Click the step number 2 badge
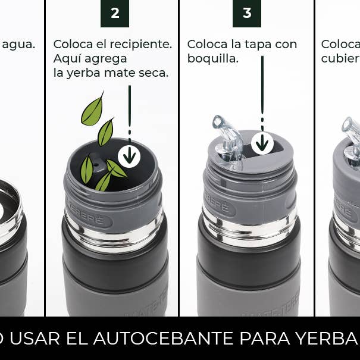pyautogui.click(x=115, y=13)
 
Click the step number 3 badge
pyautogui.click(x=247, y=13)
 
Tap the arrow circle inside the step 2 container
pyautogui.click(x=129, y=155)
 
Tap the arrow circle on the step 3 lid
pyautogui.click(x=262, y=143)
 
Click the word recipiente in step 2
pyautogui.click(x=140, y=45)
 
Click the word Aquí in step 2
pyautogui.click(x=66, y=59)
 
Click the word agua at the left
pyautogui.click(x=18, y=45)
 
